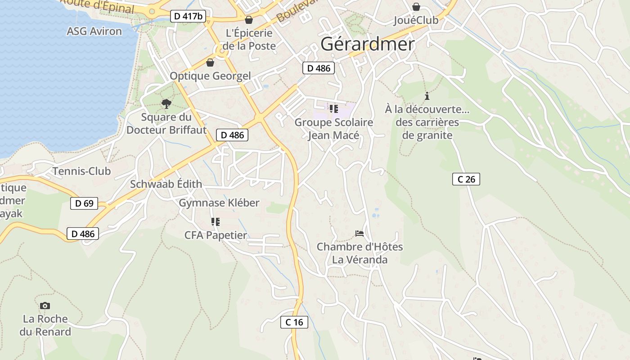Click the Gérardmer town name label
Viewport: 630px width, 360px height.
368,44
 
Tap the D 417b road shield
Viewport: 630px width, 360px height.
189,17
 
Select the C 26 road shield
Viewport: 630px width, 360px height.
466,179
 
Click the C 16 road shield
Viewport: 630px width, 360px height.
294,322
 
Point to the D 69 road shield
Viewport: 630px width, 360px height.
84,203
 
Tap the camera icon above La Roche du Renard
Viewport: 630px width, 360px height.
45,306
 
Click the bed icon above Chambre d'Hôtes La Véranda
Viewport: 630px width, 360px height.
360,234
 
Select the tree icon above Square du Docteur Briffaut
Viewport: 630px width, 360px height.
166,104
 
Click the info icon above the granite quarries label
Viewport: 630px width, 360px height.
427,96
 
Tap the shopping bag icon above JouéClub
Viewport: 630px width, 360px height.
416,7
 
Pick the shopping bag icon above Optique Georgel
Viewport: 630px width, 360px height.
210,63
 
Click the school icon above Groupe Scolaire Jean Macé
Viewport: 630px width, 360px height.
333,109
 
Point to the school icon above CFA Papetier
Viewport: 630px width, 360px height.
216,222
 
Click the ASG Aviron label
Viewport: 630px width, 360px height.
94,31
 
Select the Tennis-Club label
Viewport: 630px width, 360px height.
81,171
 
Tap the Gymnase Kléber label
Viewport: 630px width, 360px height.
219,202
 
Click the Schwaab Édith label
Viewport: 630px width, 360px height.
166,184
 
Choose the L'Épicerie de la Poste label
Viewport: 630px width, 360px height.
249,39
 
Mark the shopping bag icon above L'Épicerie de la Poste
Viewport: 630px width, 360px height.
248,20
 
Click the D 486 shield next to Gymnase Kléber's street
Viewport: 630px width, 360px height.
232,135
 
